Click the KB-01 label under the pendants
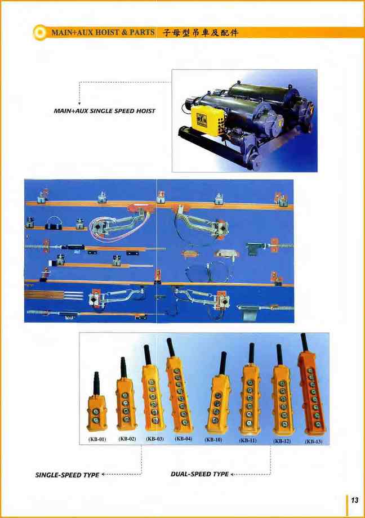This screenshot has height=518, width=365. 97,439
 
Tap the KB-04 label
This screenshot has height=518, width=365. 184,439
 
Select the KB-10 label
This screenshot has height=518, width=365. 213,440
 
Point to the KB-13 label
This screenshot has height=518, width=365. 313,441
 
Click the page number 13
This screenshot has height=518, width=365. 354,500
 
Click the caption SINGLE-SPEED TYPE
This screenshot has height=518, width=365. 67,475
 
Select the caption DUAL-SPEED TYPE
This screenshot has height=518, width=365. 199,474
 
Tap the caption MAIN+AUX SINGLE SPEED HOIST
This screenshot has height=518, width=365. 104,111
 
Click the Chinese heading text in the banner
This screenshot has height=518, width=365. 201,33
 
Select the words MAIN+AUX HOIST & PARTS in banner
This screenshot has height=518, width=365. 103,33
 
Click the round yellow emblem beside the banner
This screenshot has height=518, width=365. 41,33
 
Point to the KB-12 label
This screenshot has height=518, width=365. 282,441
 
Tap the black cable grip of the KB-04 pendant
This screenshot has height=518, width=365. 171,347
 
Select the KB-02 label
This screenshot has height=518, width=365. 127,439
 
